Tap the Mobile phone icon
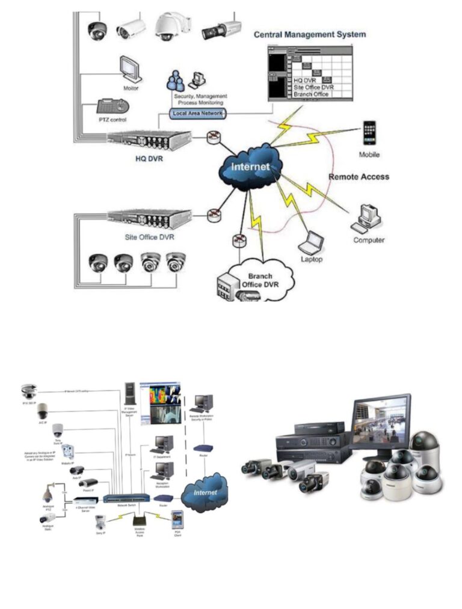(369, 133)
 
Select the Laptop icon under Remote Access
(312, 243)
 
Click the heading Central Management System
(309, 34)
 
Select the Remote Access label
(359, 177)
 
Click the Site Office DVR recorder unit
(150, 219)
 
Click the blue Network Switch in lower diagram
(126, 498)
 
